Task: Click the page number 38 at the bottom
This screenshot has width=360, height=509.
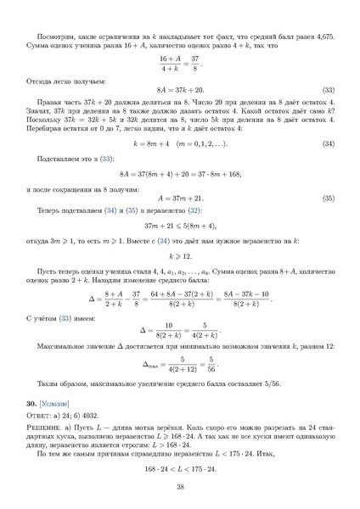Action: coord(180,485)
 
